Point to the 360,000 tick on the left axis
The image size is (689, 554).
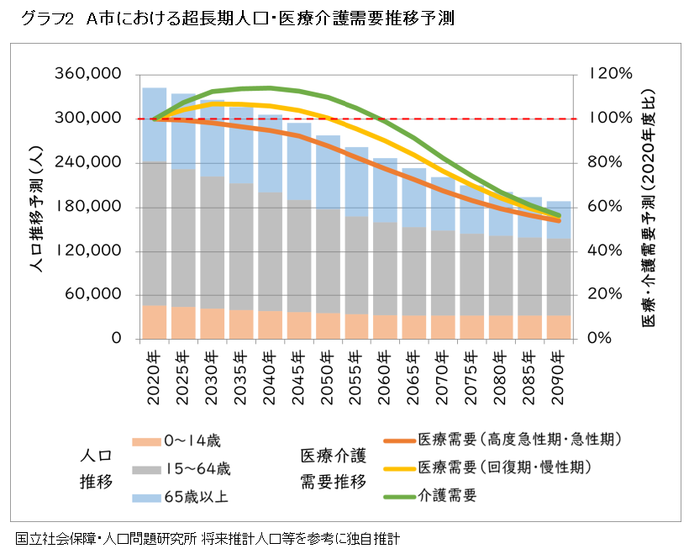click(x=87, y=74)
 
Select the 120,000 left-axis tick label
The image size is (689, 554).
click(x=87, y=251)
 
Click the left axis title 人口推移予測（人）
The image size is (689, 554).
click(x=34, y=207)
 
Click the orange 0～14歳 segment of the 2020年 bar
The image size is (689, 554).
click(x=154, y=322)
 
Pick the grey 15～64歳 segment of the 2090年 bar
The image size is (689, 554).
click(x=559, y=277)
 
